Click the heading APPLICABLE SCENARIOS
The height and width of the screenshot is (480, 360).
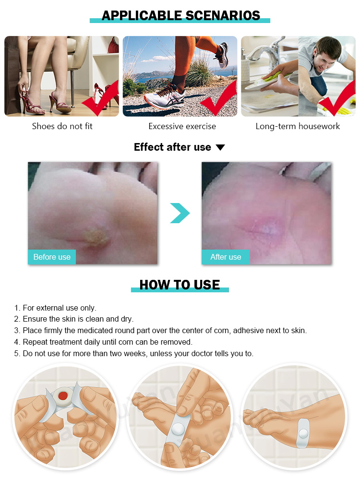click(180, 15)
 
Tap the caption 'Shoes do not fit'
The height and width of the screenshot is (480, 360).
click(62, 126)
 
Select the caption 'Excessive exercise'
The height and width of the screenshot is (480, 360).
click(182, 126)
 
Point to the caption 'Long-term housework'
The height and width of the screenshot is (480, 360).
click(298, 126)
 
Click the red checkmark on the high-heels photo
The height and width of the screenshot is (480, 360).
click(99, 101)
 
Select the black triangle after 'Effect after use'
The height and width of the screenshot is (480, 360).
click(220, 147)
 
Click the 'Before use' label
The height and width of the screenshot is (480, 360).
click(52, 257)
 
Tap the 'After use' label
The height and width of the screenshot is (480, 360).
click(226, 257)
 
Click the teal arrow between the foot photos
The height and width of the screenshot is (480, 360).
click(180, 213)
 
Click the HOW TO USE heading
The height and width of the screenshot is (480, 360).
click(180, 285)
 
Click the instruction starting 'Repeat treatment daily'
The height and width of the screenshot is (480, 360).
click(103, 342)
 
